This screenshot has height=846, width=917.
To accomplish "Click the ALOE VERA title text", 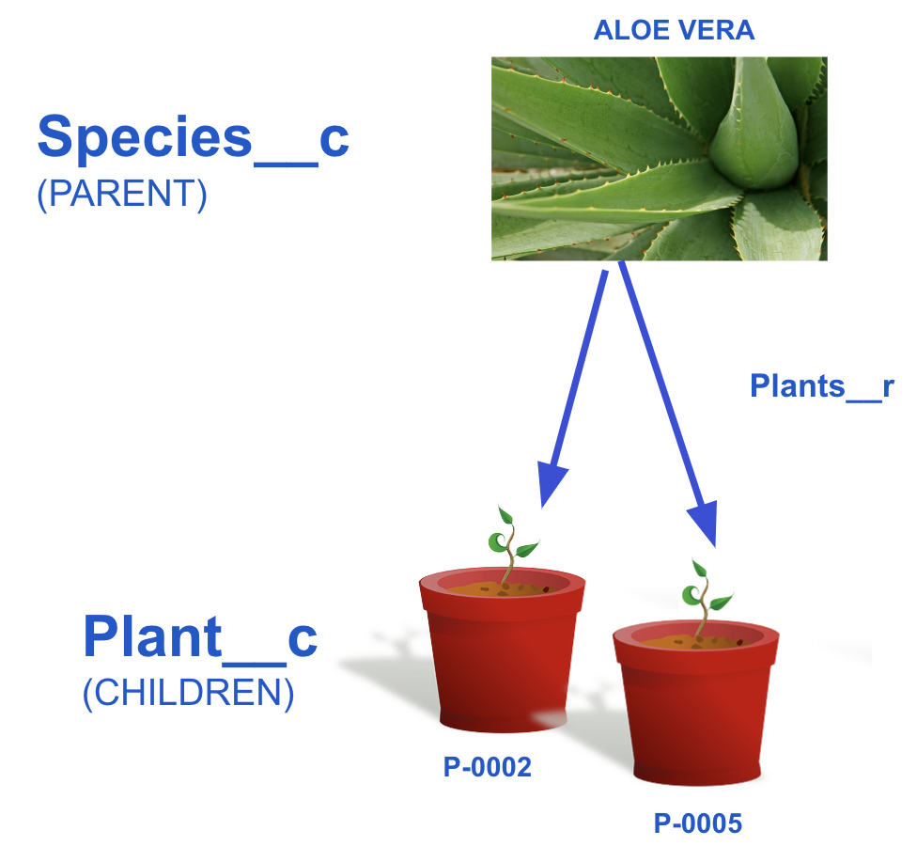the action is pyautogui.click(x=674, y=30).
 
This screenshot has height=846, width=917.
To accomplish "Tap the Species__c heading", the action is pyautogui.click(x=193, y=139).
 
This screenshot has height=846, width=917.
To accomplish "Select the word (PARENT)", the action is pyautogui.click(x=121, y=194).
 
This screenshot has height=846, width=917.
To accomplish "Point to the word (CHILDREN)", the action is pyautogui.click(x=188, y=694).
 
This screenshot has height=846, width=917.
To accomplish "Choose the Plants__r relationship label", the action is pyautogui.click(x=822, y=386).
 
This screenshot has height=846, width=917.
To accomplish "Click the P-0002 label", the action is pyautogui.click(x=487, y=767).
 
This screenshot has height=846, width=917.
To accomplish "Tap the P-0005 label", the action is pyautogui.click(x=698, y=823).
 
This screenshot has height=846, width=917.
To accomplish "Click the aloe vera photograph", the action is pyautogui.click(x=660, y=159).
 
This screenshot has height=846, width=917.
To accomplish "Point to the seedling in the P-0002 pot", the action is pyautogui.click(x=510, y=547).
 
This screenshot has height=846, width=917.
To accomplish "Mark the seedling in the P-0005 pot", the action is pyautogui.click(x=704, y=600).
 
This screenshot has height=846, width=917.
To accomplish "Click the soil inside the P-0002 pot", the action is pyautogui.click(x=502, y=588).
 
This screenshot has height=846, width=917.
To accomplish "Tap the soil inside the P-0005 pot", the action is pyautogui.click(x=696, y=641).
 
